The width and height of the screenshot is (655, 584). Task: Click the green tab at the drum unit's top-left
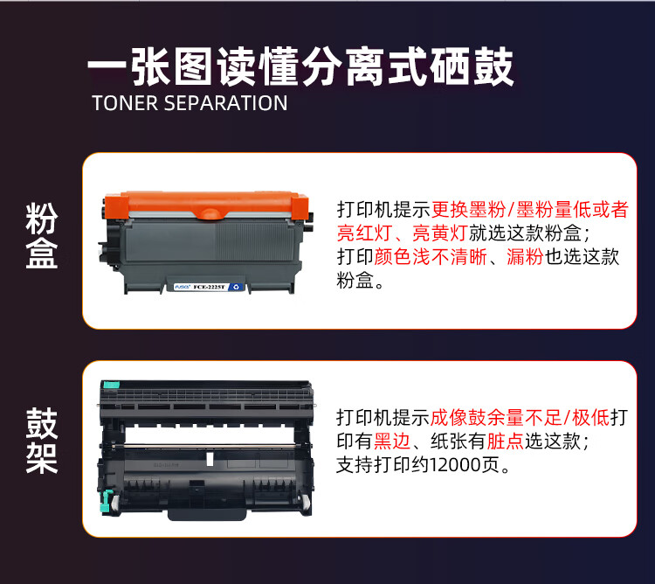(x=110, y=384)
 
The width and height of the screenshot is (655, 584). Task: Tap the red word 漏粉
(x=526, y=258)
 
